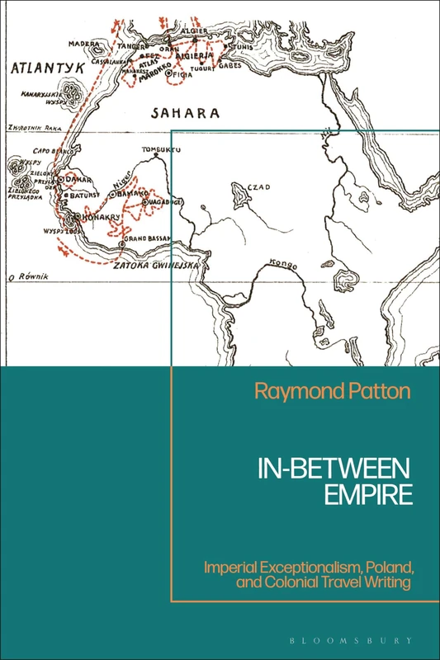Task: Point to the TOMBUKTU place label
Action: pos(161,150)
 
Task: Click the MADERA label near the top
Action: pos(84,43)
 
